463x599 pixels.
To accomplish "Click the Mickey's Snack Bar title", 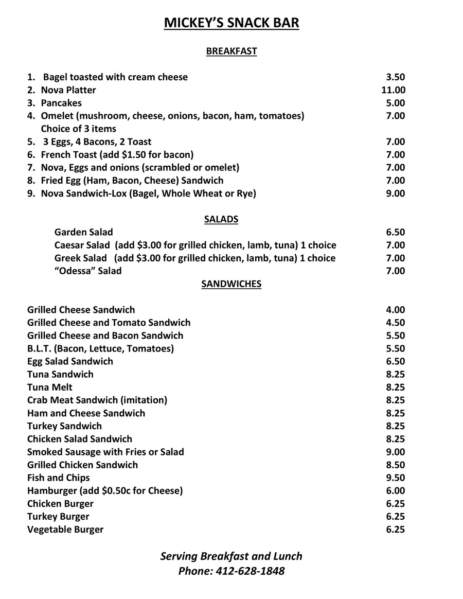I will pos(231,23).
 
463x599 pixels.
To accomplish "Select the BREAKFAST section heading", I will pos(231,51).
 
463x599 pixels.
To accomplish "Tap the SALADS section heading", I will pos(221,219).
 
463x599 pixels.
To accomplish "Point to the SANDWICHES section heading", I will pos(231,284).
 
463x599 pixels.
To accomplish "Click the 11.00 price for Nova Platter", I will pos(394,90).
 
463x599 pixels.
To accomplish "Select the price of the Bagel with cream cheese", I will pos(396,77).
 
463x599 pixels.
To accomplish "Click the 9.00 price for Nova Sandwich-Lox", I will pos(396,193).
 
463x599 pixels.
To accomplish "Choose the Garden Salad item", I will pos(83,232).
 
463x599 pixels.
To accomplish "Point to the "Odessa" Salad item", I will pos(88,271).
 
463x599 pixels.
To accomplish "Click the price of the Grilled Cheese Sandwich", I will pos(396,310).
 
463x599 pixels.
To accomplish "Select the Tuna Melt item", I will pos(50,387).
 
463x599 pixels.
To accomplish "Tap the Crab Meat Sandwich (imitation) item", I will pos(97,400).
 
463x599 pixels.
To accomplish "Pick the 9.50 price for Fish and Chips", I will pos(396,478).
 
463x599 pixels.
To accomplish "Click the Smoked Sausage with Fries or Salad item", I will pos(105,452).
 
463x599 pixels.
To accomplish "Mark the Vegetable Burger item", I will pos(65,530).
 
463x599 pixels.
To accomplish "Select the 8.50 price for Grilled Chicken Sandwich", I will pos(396,465).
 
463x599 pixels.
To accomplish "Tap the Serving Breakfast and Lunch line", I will pos(231,556).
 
